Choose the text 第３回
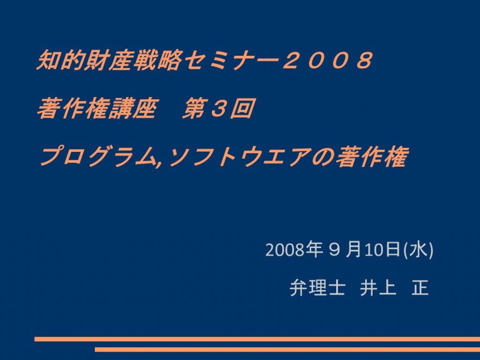pos(217,108)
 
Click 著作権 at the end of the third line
pos(372,157)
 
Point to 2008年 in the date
pos(294,249)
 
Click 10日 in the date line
pos(383,249)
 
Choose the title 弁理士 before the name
pos(317,288)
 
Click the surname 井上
pos(378,288)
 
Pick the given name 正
pos(420,288)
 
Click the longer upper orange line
pos(257,339)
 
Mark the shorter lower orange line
pos(287,350)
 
